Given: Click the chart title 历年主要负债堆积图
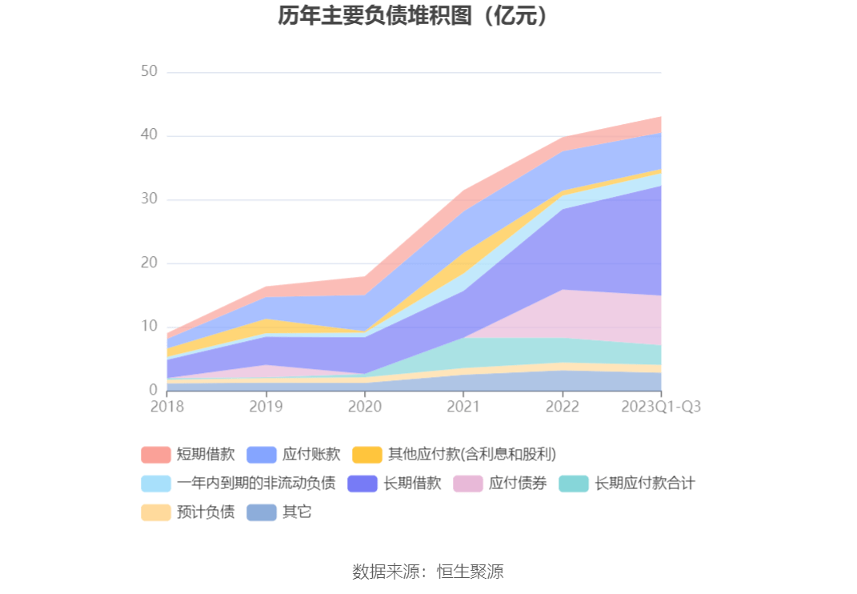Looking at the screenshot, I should [414, 16].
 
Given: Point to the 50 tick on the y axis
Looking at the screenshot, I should [149, 72].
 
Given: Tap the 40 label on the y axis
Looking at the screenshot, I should [149, 136].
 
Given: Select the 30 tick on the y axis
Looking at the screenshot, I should [149, 199].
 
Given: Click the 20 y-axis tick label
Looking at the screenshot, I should [149, 263].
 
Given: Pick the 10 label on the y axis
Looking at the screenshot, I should [149, 327].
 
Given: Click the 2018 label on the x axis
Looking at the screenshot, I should [167, 407].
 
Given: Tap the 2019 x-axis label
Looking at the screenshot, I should [266, 407].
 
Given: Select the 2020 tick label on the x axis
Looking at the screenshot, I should [365, 407].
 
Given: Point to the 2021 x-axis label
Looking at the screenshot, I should [463, 407].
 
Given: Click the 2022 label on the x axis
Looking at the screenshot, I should [563, 407].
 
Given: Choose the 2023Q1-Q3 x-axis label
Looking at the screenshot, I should [661, 407].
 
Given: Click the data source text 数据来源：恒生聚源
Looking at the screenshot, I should [428, 572].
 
